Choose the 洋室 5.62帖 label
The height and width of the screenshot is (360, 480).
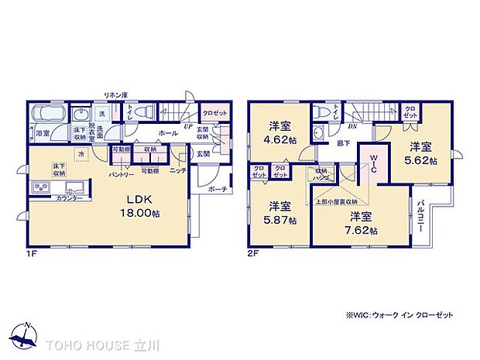coord(421,153)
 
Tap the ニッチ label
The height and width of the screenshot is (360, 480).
coord(177,170)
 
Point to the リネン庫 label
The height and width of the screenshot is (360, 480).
coord(115,94)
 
